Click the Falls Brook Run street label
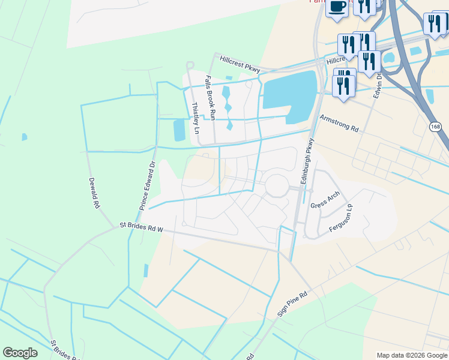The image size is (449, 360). tap(210, 98)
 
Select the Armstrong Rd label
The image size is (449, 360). tap(339, 123)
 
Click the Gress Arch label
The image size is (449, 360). tap(325, 199)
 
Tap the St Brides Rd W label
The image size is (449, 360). tap(141, 226)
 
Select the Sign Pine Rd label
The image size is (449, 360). tap(292, 304)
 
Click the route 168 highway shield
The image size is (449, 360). tap(436, 127)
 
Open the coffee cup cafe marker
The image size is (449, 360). tap(337, 7)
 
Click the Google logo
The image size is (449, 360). tap(20, 353)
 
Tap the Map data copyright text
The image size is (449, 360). tap(412, 355)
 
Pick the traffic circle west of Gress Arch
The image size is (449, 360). tap(277, 186)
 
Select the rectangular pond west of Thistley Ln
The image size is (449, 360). tap(179, 130)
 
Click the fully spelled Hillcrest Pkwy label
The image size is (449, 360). tap(240, 64)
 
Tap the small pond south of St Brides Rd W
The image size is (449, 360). tap(146, 271)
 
